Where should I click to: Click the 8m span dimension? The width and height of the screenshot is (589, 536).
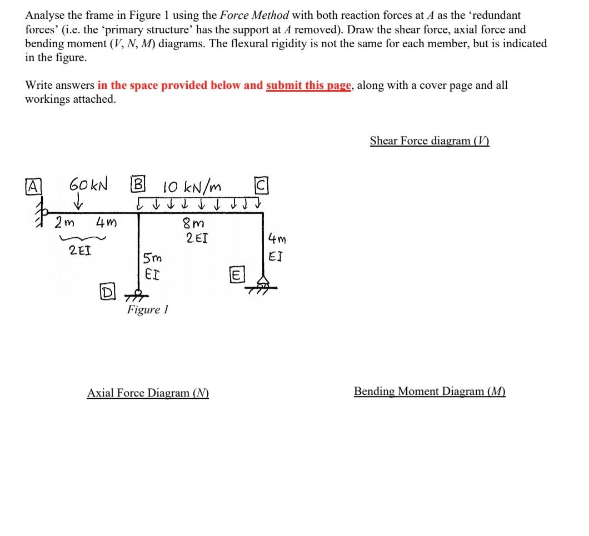pyautogui.click(x=193, y=223)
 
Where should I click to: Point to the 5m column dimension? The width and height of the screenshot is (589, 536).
pyautogui.click(x=151, y=258)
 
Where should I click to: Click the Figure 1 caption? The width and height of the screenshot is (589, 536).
pyautogui.click(x=147, y=310)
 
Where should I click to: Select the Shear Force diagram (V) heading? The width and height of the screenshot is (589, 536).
pyautogui.click(x=430, y=141)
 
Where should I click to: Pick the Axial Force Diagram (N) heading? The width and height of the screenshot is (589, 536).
pyautogui.click(x=148, y=393)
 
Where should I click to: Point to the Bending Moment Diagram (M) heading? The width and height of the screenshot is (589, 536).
pyautogui.click(x=430, y=392)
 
